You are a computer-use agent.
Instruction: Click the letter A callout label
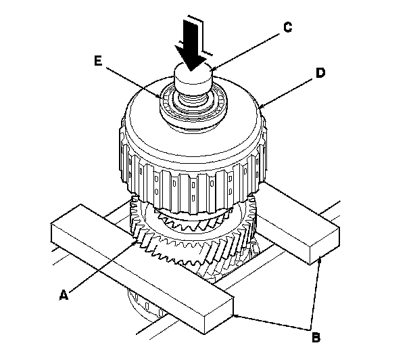(x=63, y=294)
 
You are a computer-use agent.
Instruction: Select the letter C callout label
(x=287, y=28)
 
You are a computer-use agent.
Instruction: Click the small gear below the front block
(x=145, y=308)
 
